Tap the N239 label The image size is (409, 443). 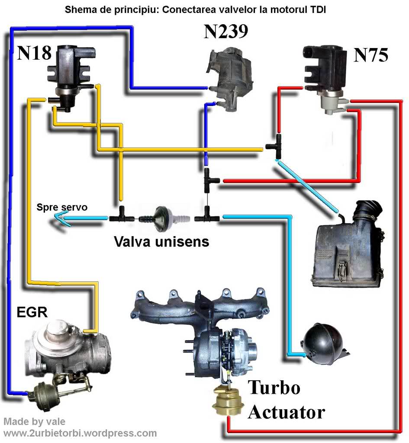(225, 32)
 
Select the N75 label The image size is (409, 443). (371, 55)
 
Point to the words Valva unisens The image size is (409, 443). (161, 241)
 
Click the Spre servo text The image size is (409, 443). (62, 208)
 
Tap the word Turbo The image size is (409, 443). (274, 388)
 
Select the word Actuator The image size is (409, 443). (286, 412)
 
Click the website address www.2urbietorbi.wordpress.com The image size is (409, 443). (80, 433)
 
